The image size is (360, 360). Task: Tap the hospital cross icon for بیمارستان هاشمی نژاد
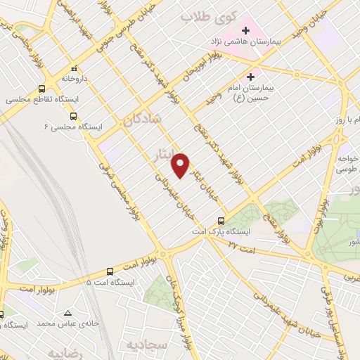246,30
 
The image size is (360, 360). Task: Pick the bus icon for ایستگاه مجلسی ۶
74,117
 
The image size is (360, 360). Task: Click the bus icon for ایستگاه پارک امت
221,221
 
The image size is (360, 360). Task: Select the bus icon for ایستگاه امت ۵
110,271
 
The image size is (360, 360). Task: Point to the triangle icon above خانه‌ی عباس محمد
67,313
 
